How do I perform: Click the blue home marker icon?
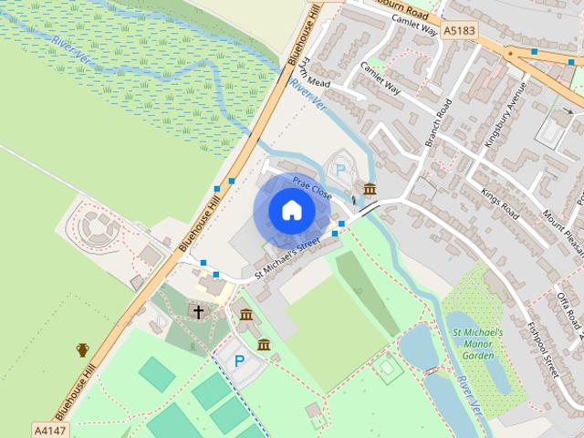pyautogui.click(x=291, y=210)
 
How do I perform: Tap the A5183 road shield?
pyautogui.click(x=459, y=31)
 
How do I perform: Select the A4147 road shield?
pyautogui.click(x=49, y=428)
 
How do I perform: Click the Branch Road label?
pyautogui.click(x=439, y=123)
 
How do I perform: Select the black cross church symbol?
pyautogui.click(x=197, y=311)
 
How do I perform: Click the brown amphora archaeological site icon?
pyautogui.click(x=83, y=349)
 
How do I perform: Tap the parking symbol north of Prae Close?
pyautogui.click(x=341, y=169)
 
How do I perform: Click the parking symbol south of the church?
pyautogui.click(x=239, y=361)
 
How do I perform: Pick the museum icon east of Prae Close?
pyautogui.click(x=370, y=189)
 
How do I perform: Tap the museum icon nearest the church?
pyautogui.click(x=246, y=315)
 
